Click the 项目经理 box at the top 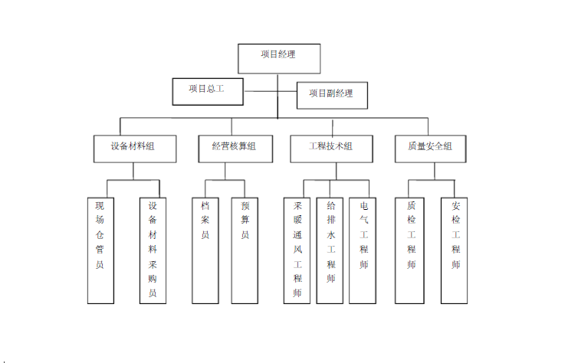pos(279,58)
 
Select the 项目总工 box pos(208,92)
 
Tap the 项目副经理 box pos(332,96)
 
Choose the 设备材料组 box pos(135,149)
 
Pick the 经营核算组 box pos(235,149)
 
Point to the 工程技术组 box pos(331,149)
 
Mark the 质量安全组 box pos(431,149)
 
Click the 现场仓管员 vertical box pos(100,250)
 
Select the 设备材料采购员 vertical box pos(153,250)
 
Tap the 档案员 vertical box pos(205,250)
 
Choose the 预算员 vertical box pos(245,250)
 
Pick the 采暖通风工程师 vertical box pos(297,250)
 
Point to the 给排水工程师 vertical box pos(330,250)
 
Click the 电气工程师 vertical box pos(363,250)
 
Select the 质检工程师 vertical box pos(409,250)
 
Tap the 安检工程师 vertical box pos(454,250)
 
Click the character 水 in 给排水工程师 pos(331,235)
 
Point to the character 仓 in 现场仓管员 pos(100,235)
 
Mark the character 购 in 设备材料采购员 pos(153,279)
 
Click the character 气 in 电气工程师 pos(364,220)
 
